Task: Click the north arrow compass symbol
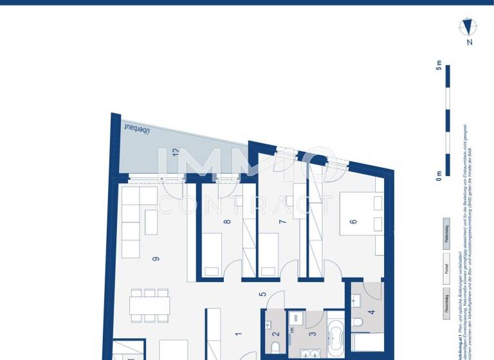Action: [x=468, y=27]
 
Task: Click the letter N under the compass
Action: [x=470, y=42]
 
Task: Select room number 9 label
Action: [x=155, y=259]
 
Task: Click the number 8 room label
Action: [x=226, y=222]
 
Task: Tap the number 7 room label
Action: [x=282, y=222]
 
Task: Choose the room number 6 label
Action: [x=352, y=222]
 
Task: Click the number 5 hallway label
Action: [x=262, y=295]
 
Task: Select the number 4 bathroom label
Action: [x=370, y=313]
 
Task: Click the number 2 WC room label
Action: [x=275, y=332]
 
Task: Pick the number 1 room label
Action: [x=238, y=334]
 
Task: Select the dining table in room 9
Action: [x=149, y=304]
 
